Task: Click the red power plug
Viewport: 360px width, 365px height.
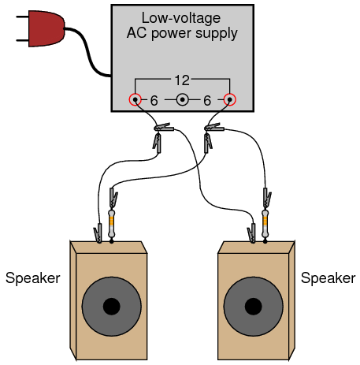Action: point(46,28)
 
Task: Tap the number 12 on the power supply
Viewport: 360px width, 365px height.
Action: point(182,80)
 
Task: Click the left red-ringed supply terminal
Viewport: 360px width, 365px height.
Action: point(135,100)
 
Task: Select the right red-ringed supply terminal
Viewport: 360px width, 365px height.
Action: point(230,100)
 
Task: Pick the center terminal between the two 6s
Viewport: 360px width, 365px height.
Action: point(183,100)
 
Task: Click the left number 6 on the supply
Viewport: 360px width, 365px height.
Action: point(154,101)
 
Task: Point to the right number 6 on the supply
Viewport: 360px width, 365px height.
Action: point(207,101)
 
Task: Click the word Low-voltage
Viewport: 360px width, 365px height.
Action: point(181,18)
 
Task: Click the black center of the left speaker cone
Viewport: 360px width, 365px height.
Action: point(112,307)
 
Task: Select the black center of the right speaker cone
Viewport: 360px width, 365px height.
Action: point(254,307)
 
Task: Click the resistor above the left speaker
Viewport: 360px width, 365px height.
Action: point(112,223)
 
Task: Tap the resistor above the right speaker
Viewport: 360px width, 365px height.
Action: point(265,223)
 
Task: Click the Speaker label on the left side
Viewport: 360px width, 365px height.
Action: point(33,278)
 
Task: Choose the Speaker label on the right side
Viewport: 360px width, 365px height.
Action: point(328,278)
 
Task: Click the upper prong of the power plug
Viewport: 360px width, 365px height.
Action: point(22,17)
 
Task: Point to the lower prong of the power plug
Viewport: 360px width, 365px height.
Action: point(22,41)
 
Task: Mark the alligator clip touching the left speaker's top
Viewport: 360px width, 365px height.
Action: point(98,233)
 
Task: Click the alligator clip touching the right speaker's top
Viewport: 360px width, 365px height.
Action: point(251,233)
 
